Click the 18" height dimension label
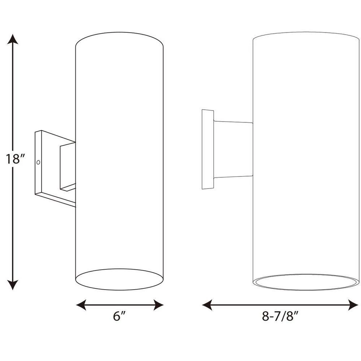point(15,159)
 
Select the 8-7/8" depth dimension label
point(280,316)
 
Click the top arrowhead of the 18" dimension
point(12,39)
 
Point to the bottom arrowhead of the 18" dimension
point(12,285)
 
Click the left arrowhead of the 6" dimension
point(81,305)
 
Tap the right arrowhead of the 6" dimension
point(158,305)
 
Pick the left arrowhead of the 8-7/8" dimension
point(207,305)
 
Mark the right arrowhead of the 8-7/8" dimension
point(353,305)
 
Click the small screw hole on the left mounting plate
point(38,162)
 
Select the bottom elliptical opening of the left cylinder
point(119,279)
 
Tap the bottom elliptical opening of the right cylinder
point(306,282)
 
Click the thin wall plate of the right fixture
point(208,149)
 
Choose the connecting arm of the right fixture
point(233,149)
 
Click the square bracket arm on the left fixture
point(68,167)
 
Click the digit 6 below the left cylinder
point(117,316)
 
